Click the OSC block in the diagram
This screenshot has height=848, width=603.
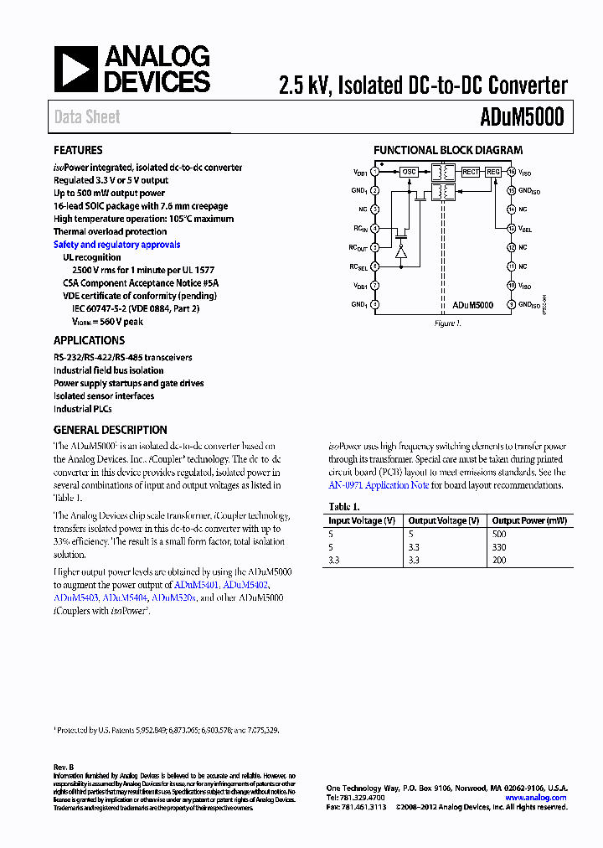409,172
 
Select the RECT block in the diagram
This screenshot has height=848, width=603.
471,172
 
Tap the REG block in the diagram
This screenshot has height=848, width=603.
493,172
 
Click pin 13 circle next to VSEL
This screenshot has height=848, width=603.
511,228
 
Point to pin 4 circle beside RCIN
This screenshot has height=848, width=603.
374,228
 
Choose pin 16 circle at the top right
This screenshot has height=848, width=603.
511,172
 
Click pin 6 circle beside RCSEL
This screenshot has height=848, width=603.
374,266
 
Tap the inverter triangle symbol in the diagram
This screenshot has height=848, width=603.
400,251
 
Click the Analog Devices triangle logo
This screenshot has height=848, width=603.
76,70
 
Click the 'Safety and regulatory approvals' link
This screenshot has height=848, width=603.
116,245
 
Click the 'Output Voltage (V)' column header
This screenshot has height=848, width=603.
444,520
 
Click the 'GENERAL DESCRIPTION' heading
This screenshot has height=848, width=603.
110,429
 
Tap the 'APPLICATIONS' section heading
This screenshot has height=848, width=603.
89,340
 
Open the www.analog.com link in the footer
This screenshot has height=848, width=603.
536,798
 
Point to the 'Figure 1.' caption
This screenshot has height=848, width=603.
447,323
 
